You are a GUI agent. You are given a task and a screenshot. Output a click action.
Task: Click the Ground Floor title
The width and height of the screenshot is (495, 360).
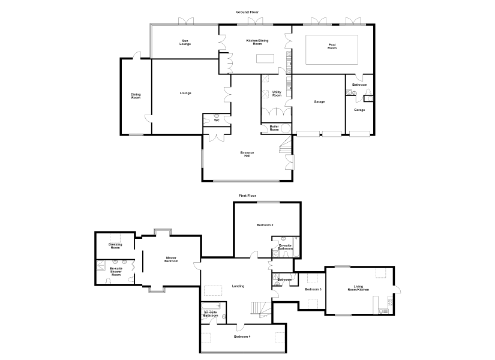[247, 12]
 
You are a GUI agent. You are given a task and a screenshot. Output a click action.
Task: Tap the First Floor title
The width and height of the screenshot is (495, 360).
[247, 196]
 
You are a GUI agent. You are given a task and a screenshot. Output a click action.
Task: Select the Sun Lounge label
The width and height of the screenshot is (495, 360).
[185, 43]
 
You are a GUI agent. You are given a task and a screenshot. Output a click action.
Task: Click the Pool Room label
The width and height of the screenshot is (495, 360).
[332, 46]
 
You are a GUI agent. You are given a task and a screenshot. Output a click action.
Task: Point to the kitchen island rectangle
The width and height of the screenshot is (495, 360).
[265, 59]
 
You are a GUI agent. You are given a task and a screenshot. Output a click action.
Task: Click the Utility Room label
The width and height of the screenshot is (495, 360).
[277, 94]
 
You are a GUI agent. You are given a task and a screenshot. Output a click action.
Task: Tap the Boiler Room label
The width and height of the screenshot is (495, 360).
[274, 128]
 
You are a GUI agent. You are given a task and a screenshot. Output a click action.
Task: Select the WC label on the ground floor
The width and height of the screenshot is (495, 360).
[217, 121]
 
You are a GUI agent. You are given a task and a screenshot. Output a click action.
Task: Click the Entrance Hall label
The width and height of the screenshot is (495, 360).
[247, 154]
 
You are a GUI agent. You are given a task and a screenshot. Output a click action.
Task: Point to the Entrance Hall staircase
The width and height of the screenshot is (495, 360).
[286, 144]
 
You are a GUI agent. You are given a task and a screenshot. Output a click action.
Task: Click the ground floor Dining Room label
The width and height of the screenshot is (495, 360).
[136, 96]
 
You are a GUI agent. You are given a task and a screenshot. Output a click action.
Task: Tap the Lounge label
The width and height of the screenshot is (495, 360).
[185, 93]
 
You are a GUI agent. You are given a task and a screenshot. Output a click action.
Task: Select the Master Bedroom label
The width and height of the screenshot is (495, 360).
[172, 260]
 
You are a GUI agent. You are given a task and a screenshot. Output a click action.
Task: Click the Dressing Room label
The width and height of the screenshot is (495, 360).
[115, 246]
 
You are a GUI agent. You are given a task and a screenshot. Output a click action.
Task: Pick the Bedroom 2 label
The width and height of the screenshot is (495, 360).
[265, 225]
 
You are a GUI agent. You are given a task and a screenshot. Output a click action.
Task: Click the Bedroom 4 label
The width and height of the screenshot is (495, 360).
[242, 337]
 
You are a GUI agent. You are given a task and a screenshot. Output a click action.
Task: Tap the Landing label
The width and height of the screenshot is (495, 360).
[238, 286]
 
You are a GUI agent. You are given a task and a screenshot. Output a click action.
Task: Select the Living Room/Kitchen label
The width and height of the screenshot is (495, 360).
[358, 288]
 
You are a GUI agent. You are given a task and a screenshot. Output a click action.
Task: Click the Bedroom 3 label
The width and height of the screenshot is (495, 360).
[313, 289]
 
